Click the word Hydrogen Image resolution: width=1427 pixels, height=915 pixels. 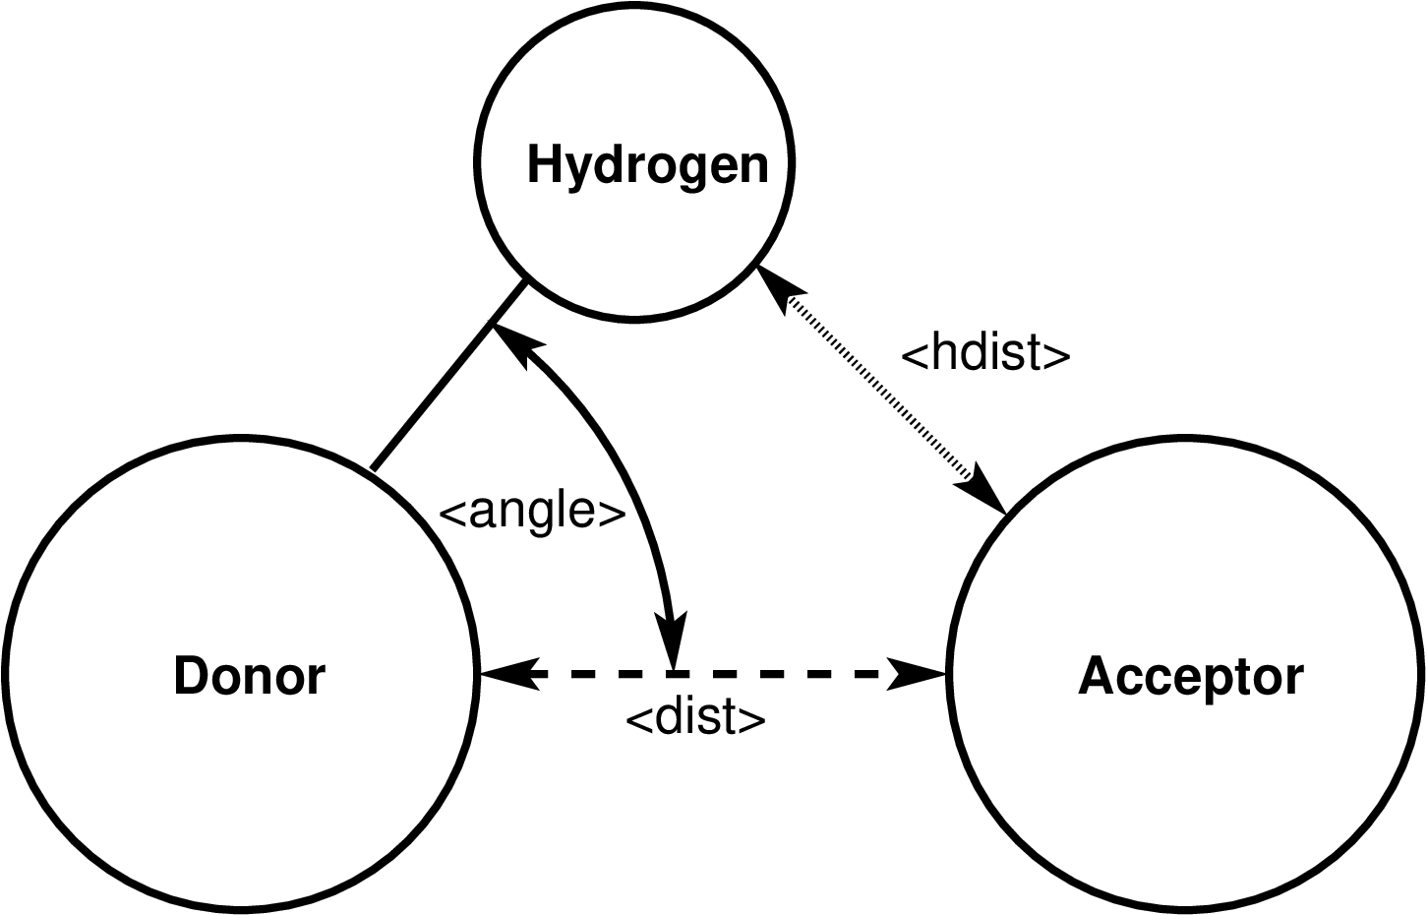coord(647,164)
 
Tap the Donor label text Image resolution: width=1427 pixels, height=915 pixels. coord(249,676)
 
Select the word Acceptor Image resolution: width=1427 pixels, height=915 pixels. coord(1190,676)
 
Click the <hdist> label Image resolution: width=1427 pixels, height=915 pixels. coord(984,353)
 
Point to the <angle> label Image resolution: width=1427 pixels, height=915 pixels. coord(532,512)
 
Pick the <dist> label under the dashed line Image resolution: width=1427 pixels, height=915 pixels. coord(695,719)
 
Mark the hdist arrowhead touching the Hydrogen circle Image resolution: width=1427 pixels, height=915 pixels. coord(776,285)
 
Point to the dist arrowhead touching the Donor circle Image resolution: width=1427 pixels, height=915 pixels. coord(506,674)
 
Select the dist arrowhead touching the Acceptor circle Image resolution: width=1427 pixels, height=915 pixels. coord(919,674)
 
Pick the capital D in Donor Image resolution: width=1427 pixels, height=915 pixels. coord(189,676)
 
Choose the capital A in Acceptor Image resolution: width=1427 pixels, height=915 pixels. coord(1095,676)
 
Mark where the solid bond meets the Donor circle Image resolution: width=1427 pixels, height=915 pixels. coord(372,469)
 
